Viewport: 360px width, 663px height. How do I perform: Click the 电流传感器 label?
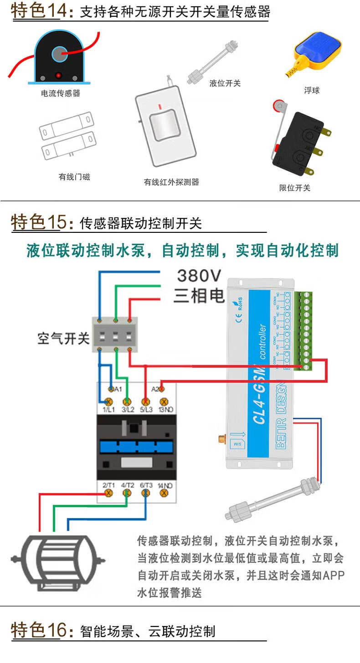tap(60, 93)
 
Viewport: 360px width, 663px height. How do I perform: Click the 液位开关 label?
tap(225, 83)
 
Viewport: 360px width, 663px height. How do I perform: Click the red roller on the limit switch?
tap(277, 107)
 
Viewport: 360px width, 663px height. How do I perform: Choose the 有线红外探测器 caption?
tap(171, 182)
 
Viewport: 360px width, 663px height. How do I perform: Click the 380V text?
tap(199, 276)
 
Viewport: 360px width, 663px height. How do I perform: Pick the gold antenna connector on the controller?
tap(221, 440)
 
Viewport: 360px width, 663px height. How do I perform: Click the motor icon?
tap(58, 559)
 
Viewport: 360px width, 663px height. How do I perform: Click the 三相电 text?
tap(199, 296)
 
